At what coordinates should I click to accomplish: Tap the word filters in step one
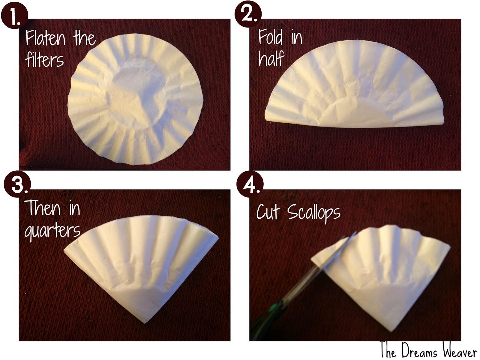click(44, 60)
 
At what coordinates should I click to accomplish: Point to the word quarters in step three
click(52, 230)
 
